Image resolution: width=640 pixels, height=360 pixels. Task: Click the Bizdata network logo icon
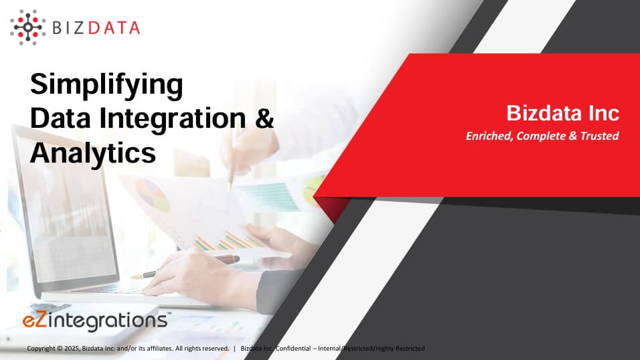27,27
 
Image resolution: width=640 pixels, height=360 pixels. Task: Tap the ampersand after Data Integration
265,118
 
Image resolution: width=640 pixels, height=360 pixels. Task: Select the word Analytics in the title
93,153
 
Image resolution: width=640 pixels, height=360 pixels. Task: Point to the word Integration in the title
173,120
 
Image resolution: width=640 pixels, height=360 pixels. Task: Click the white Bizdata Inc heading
563,113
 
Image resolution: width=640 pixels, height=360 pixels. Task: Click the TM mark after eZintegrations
169,314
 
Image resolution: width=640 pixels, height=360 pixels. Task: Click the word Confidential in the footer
293,349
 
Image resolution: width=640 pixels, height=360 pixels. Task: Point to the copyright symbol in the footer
60,349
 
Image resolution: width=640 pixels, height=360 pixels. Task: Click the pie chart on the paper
152,195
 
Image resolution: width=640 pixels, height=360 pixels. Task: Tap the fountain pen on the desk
185,267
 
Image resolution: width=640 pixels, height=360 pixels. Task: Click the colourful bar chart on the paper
228,241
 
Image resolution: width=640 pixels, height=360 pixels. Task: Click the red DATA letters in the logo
114,28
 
